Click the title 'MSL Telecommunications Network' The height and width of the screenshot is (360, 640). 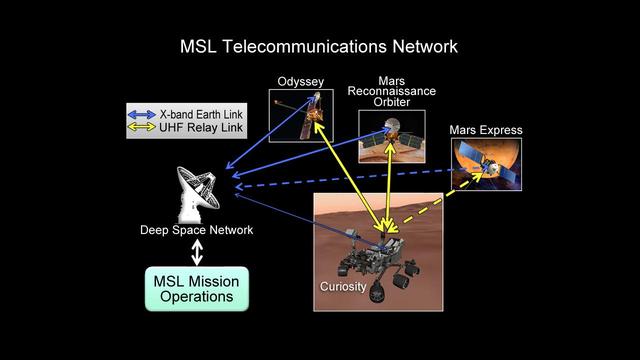click(319, 46)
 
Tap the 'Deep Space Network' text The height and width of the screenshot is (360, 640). click(196, 231)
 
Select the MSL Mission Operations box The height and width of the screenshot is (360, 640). click(196, 288)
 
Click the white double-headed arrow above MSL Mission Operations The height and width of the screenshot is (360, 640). click(196, 252)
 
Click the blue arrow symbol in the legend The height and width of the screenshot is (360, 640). click(144, 113)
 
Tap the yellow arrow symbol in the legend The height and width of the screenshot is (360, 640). click(144, 129)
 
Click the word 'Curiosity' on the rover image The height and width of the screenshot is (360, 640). click(343, 287)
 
